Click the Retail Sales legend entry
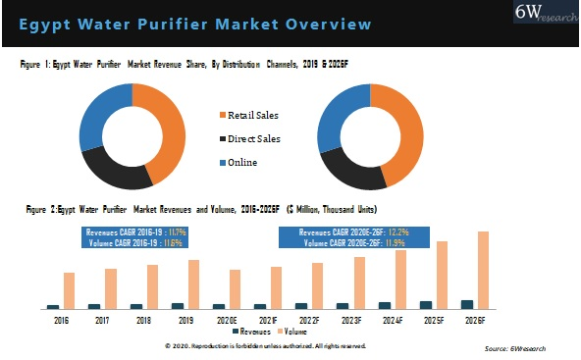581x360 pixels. pyautogui.click(x=254, y=116)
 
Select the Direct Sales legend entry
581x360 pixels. pyautogui.click(x=254, y=139)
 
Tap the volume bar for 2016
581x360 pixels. pyautogui.click(x=69, y=290)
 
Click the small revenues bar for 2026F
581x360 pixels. pyautogui.click(x=467, y=304)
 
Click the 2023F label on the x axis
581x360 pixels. pyautogui.click(x=351, y=321)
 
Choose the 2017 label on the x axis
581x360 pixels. pyautogui.click(x=103, y=321)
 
